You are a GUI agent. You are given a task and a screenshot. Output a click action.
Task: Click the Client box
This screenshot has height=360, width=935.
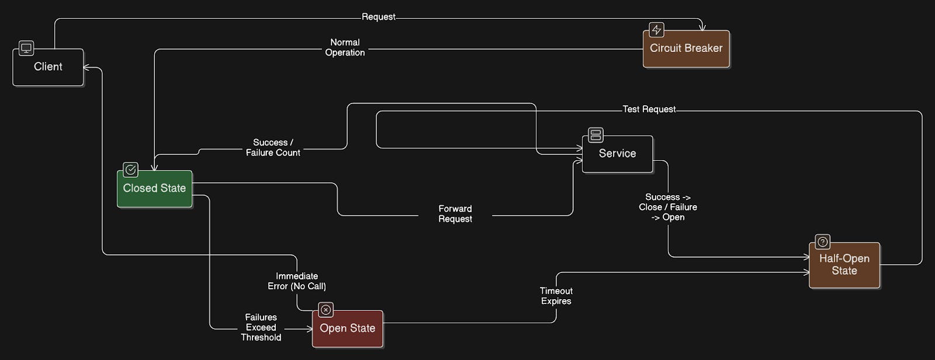(x=48, y=67)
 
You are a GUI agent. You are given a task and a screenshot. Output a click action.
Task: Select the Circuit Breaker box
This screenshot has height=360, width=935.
(x=686, y=49)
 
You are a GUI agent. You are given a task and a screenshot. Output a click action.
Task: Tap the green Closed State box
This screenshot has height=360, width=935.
(x=154, y=189)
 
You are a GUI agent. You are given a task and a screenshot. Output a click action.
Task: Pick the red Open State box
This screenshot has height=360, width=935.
(x=347, y=328)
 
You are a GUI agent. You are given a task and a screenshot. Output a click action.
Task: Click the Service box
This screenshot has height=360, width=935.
(x=617, y=154)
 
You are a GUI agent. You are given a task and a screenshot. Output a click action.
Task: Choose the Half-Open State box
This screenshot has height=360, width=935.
(x=844, y=265)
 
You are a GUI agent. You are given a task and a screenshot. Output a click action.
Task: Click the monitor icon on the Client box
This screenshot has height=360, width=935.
(x=26, y=48)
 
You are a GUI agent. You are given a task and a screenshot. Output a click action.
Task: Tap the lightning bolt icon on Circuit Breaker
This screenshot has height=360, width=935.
(x=656, y=30)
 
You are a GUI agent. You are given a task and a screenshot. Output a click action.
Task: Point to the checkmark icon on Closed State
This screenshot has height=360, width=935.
(x=130, y=169)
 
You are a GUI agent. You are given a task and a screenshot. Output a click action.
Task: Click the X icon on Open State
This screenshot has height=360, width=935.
(x=325, y=310)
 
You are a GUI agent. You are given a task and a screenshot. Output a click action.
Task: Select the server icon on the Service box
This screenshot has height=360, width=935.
(x=595, y=135)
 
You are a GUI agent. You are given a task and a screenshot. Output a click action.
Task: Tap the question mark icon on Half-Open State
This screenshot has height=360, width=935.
(x=822, y=241)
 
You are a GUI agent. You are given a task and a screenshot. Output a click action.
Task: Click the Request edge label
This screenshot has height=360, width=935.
(x=379, y=17)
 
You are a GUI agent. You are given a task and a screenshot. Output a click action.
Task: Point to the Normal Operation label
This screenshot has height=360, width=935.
(x=345, y=47)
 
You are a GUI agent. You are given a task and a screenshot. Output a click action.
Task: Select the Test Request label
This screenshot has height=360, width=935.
(x=649, y=109)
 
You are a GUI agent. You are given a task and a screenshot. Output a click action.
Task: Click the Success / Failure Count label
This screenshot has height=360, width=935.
(x=273, y=147)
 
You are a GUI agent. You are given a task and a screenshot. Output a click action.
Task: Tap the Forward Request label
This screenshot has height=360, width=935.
(x=455, y=214)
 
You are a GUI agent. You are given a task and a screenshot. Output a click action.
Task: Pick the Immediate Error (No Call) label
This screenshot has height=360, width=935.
(x=297, y=281)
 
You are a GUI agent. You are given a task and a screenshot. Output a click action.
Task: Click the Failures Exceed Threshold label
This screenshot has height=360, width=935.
(x=261, y=327)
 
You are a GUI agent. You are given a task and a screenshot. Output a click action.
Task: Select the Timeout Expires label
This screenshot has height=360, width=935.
(x=556, y=296)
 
